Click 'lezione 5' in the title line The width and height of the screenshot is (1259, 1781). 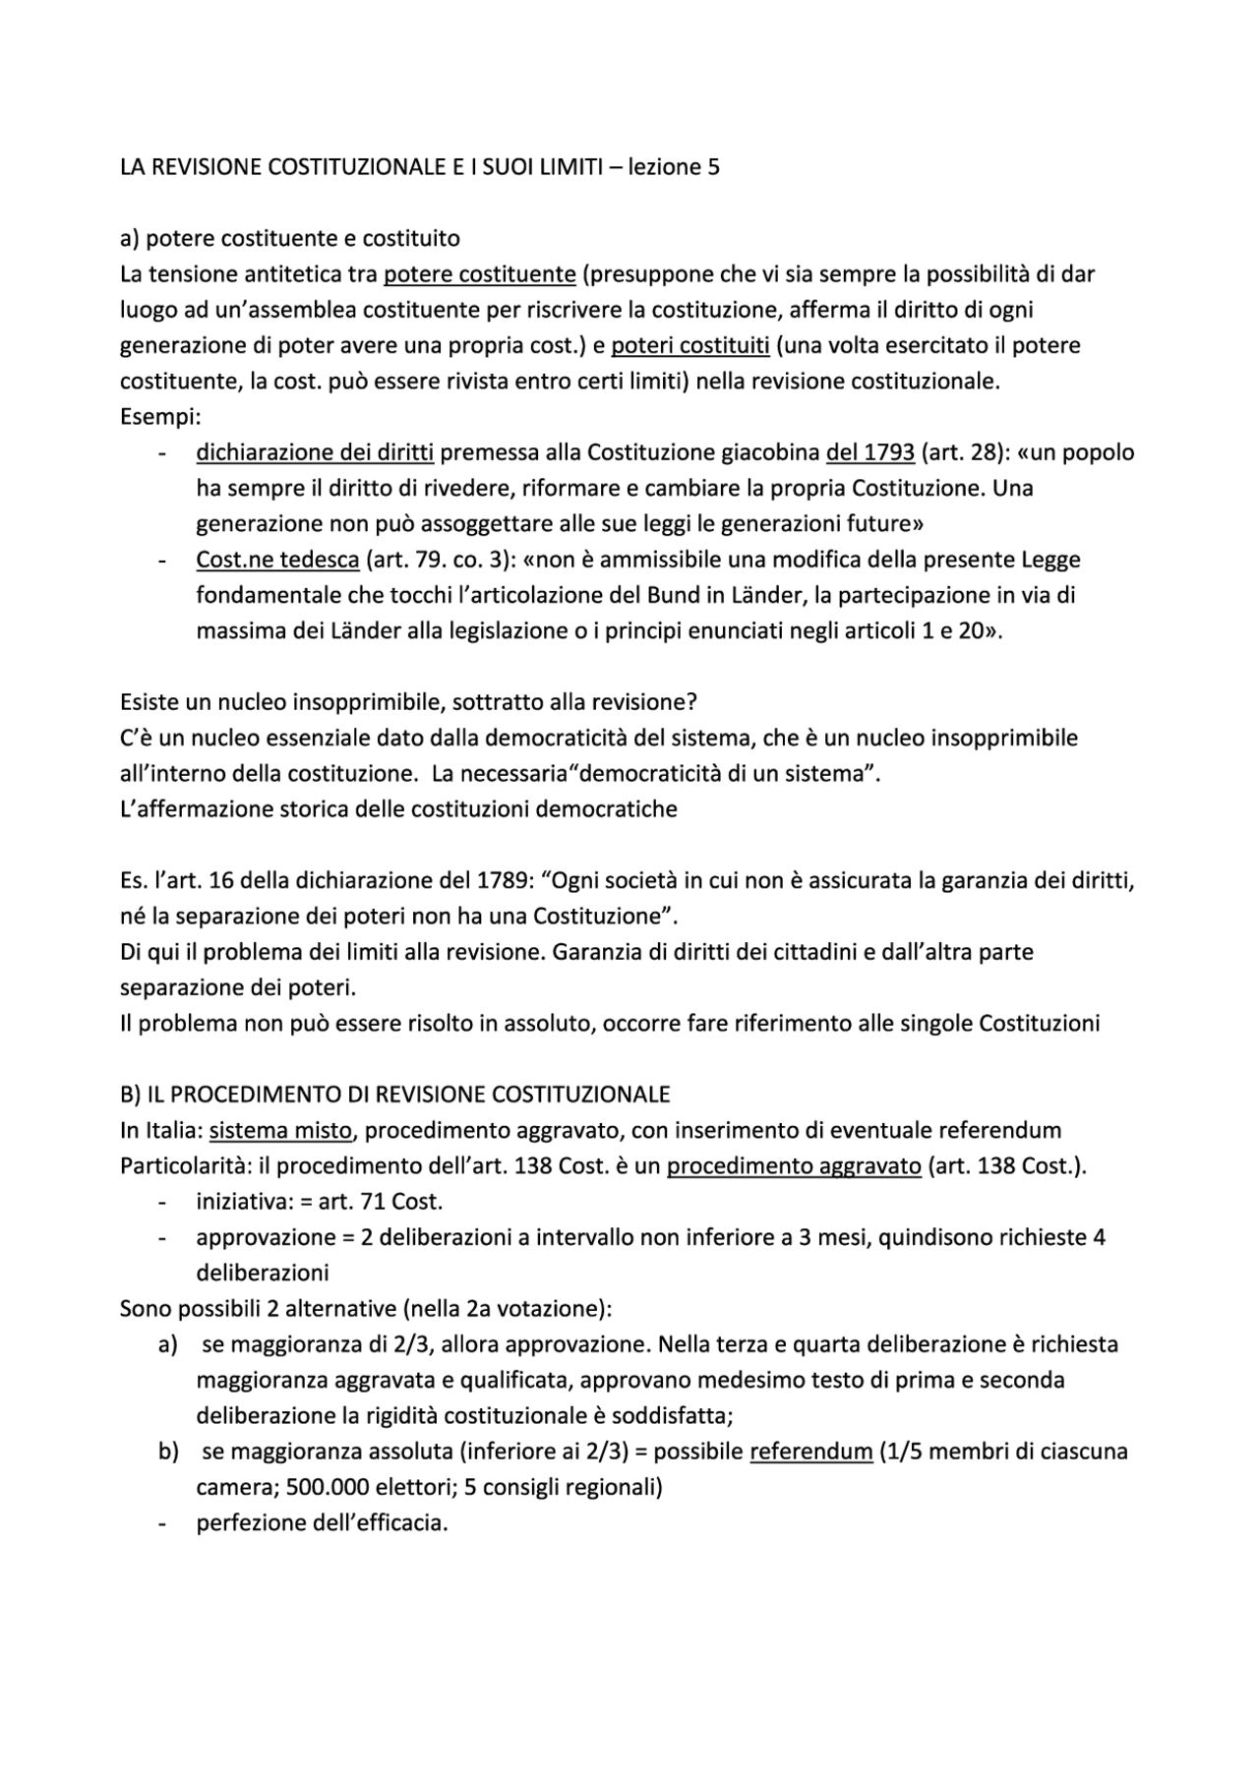[x=674, y=167]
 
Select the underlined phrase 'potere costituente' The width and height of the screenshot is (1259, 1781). [x=479, y=274]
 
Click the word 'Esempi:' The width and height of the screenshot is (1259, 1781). [x=159, y=417]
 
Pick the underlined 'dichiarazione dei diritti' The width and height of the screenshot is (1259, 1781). [x=315, y=452]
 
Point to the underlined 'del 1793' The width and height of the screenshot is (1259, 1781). [x=870, y=452]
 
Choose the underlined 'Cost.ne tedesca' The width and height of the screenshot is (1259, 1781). [x=277, y=560]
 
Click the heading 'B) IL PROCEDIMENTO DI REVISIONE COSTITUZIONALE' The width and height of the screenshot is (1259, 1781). [x=394, y=1095]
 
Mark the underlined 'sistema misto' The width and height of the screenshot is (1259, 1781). [x=280, y=1131]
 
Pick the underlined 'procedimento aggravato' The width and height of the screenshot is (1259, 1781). [x=794, y=1166]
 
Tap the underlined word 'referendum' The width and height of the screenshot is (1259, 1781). [x=810, y=1452]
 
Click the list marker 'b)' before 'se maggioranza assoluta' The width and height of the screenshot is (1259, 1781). [x=168, y=1452]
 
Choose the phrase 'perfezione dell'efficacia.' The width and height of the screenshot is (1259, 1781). [x=322, y=1523]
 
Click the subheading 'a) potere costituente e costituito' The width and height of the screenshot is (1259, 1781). [x=289, y=239]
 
